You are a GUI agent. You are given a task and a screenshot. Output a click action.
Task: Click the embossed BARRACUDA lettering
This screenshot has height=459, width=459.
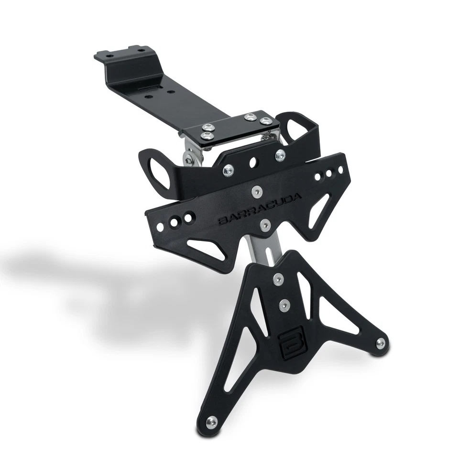point(260,209)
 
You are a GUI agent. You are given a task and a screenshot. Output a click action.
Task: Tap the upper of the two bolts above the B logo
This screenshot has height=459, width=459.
point(278,278)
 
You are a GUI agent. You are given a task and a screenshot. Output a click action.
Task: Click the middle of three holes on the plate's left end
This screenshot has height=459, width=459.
point(176,221)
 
